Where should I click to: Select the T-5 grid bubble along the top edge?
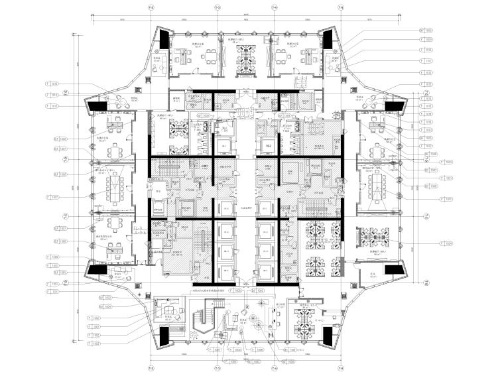tap(341, 7)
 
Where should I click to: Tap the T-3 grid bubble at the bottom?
tap(217, 369)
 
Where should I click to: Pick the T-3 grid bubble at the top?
tap(217, 7)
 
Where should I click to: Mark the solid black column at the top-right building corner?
tap(327, 40)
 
